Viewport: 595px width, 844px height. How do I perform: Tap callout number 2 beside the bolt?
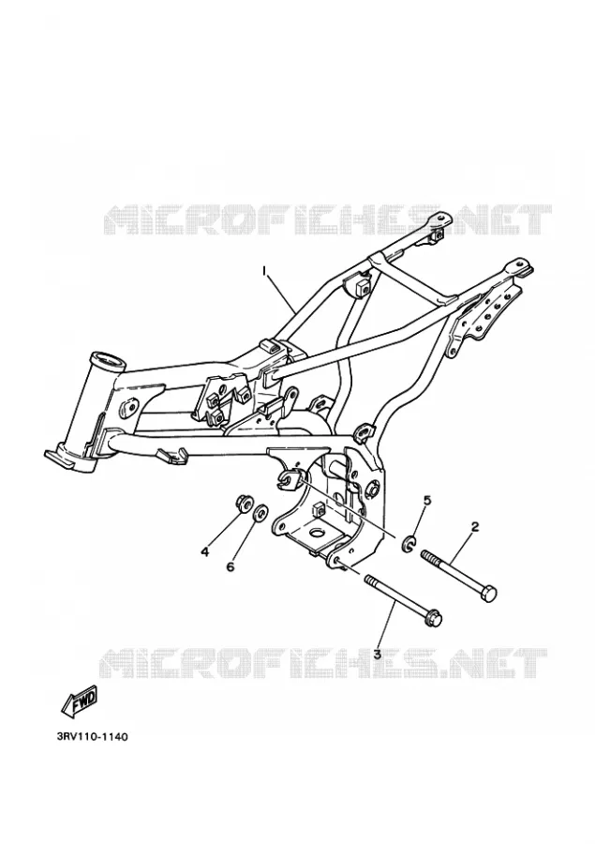[474, 526]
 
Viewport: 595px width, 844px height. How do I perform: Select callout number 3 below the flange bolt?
[377, 655]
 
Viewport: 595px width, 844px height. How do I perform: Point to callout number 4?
[205, 551]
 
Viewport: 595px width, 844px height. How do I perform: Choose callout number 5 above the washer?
[427, 501]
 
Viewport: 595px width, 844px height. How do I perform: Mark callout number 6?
[231, 566]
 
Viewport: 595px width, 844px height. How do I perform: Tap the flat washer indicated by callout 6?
[260, 513]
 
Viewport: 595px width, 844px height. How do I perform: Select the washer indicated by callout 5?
[409, 544]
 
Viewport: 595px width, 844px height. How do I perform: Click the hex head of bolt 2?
[488, 595]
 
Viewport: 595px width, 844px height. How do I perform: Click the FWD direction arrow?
[80, 701]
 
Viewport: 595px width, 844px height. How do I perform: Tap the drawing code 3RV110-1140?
[92, 736]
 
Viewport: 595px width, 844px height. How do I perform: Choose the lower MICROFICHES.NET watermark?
[323, 662]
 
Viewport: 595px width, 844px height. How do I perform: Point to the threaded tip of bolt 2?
[424, 555]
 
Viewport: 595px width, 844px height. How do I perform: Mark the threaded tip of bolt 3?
[368, 580]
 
